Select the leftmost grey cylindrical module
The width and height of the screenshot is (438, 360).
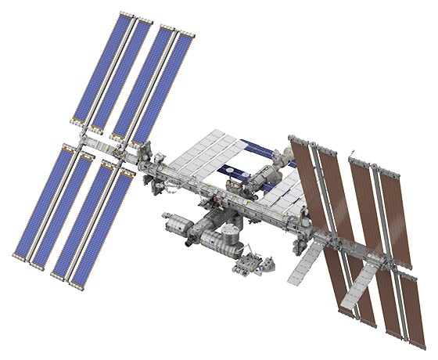[x=176, y=226]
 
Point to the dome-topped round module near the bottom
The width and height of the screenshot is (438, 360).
[x=228, y=234]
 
